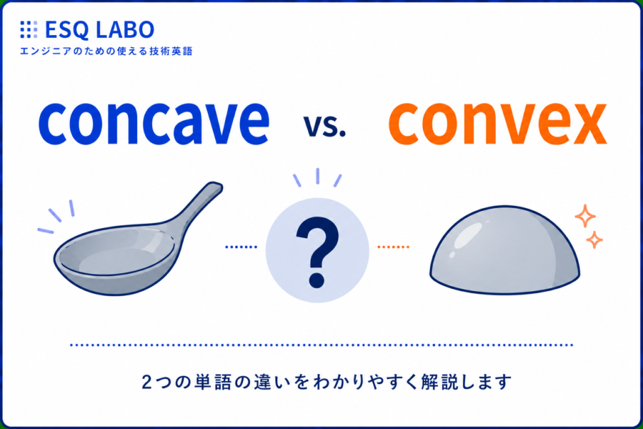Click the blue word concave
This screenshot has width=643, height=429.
(154, 123)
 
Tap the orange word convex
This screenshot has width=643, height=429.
(497, 123)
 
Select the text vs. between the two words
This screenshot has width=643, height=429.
(324, 126)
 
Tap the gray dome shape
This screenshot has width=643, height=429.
(504, 250)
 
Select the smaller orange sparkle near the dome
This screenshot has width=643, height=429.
(594, 240)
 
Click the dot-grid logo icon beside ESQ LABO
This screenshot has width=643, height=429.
(29, 29)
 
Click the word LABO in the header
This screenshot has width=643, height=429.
(124, 29)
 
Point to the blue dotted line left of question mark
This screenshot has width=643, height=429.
(241, 247)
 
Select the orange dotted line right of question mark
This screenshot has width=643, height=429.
(393, 247)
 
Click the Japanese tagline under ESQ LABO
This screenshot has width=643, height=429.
(106, 51)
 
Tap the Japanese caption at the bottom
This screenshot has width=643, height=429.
(327, 382)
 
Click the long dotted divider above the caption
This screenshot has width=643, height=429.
(321, 345)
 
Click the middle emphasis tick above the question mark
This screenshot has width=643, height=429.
(317, 176)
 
